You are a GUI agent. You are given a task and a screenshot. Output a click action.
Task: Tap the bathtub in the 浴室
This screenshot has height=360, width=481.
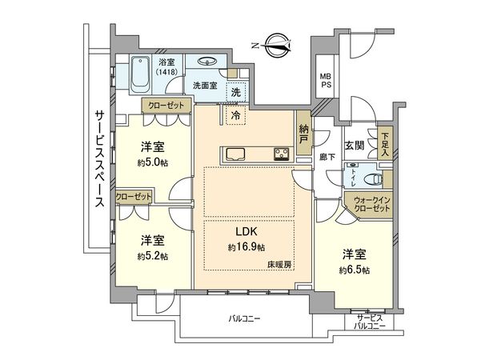[x=140, y=74]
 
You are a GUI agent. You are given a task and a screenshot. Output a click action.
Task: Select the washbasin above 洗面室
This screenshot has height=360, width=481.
[x=206, y=62]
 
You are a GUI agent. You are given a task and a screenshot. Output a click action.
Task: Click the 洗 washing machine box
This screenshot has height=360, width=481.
[x=236, y=92]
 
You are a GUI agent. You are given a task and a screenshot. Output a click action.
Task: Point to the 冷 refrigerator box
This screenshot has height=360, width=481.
[x=236, y=115]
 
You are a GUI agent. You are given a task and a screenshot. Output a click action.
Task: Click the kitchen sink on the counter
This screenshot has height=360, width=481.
[x=235, y=154]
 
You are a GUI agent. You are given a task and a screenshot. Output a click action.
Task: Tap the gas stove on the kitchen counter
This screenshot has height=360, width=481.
[x=281, y=154]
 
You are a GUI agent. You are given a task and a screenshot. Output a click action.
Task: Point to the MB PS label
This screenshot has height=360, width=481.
[x=326, y=80]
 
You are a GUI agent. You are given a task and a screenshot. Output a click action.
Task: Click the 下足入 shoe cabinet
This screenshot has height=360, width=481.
[x=385, y=143]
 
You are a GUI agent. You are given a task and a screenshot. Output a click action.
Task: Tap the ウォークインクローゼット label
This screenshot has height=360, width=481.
[x=372, y=205]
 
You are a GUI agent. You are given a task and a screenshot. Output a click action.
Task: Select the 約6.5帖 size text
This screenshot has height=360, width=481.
[x=355, y=270]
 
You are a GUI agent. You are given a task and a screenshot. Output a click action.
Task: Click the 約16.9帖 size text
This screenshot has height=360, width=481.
[x=247, y=247]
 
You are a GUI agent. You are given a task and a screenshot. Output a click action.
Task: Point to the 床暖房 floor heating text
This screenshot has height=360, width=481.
[x=279, y=265]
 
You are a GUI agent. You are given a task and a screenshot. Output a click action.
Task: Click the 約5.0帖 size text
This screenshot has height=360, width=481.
[x=152, y=162]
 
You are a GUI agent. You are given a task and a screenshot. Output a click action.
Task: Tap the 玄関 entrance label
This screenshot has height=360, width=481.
[x=355, y=146]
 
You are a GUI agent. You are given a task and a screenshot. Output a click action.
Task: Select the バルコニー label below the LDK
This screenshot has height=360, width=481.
[x=244, y=318]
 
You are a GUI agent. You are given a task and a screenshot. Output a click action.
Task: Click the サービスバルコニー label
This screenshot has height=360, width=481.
[x=370, y=322]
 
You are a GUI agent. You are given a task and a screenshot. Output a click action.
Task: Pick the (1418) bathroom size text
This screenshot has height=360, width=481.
[x=166, y=72]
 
